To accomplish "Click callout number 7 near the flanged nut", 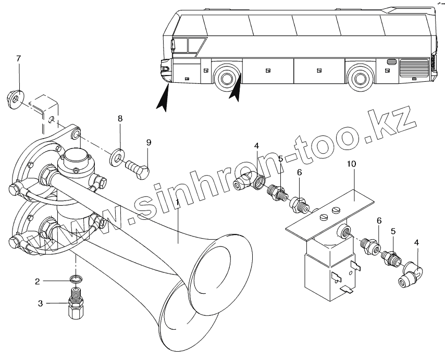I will [18, 58].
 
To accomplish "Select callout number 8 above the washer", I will [120, 119].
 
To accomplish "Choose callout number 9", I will [149, 142].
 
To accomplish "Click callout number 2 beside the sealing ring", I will [38, 281].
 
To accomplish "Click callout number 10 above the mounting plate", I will [352, 164].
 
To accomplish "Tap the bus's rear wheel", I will [360, 78].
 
